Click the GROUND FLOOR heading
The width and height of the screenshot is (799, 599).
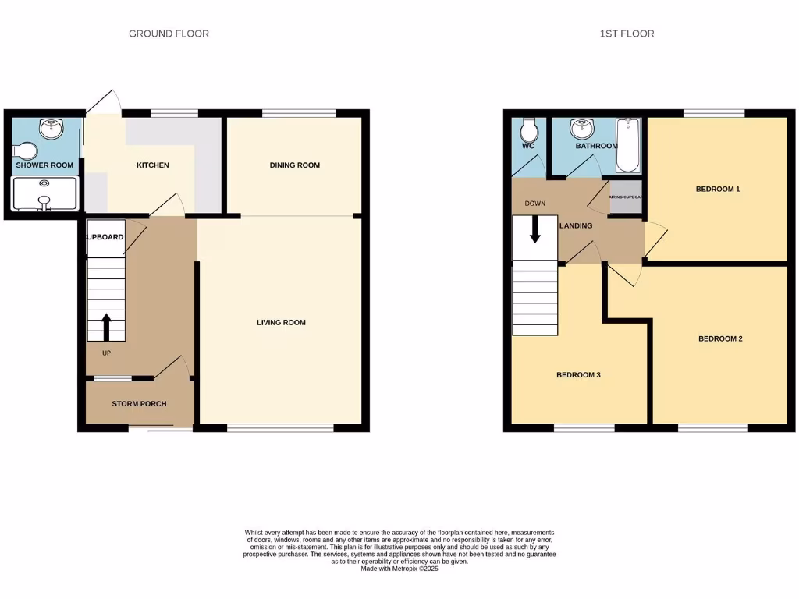coord(169,34)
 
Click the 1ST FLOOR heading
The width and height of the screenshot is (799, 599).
coord(627,34)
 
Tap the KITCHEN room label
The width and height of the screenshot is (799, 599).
coord(153,165)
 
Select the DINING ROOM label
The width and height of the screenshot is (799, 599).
coord(295,165)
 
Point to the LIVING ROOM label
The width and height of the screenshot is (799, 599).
coord(281,322)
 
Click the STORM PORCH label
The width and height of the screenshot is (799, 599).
coord(139,404)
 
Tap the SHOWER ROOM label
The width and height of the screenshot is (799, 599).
coord(44,165)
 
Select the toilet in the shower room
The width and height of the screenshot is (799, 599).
coord(26,151)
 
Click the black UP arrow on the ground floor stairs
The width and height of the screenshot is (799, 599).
coord(106,327)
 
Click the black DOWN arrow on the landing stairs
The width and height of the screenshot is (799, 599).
coord(536,229)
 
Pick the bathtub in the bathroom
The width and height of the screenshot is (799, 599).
coord(628,145)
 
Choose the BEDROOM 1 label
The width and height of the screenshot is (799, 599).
coord(718,189)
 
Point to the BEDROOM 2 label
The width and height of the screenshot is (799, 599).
coord(719,338)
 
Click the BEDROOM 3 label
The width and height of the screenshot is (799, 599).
coord(578,375)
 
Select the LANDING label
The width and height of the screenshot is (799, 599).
coord(576,226)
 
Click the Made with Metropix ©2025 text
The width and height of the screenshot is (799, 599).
coord(400,569)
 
